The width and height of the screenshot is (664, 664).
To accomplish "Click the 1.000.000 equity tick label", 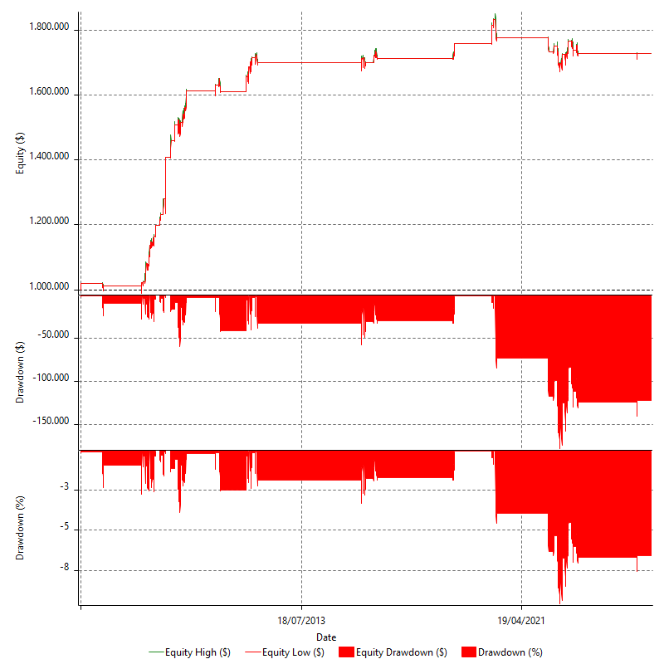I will click(48, 287).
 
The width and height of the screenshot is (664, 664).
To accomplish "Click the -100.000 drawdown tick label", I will click(52, 380).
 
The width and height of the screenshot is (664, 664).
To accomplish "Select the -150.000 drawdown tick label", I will click(52, 423).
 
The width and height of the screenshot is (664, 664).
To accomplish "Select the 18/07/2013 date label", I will click(301, 620).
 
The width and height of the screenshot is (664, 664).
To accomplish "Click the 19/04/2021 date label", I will click(521, 620).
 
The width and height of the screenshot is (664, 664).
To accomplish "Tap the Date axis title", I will click(327, 637).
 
